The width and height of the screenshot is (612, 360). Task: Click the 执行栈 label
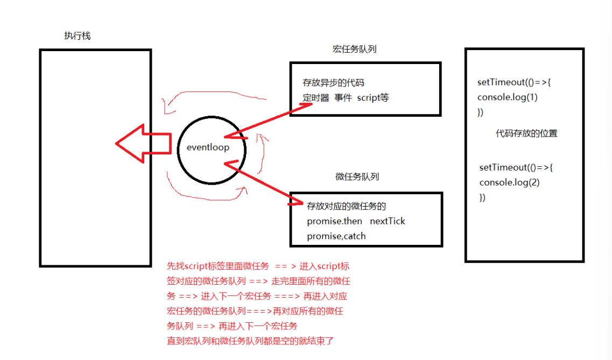pyautogui.click(x=78, y=36)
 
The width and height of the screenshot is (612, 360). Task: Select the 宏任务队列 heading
pyautogui.click(x=354, y=50)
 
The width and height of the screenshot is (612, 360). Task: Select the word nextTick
pyautogui.click(x=388, y=221)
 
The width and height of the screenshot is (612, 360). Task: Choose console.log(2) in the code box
pyautogui.click(x=509, y=182)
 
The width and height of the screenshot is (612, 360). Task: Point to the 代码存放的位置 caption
pyautogui.click(x=526, y=134)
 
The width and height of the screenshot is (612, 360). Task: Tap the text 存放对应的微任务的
pyautogui.click(x=347, y=207)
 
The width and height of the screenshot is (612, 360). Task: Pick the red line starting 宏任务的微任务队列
pyautogui.click(x=256, y=311)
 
